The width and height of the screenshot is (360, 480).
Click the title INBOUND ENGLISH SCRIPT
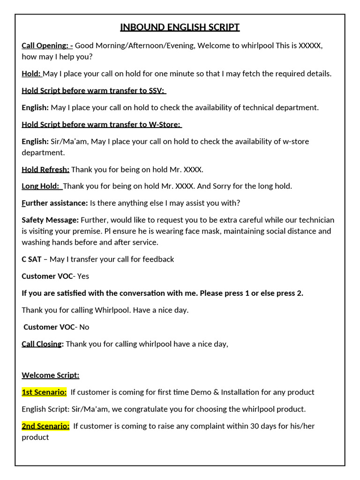[180, 27]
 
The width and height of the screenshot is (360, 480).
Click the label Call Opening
[47, 45]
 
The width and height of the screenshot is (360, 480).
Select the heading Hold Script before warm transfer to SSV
[94, 90]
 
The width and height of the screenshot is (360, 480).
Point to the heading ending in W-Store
[102, 124]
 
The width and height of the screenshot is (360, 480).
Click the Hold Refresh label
[45, 169]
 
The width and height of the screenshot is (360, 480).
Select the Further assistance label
[55, 203]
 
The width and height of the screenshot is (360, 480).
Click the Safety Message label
[50, 220]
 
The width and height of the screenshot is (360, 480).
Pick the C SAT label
[31, 259]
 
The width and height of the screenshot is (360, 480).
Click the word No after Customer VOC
[84, 327]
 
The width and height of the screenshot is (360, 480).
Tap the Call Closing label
[42, 344]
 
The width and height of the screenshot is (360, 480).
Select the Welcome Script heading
[51, 375]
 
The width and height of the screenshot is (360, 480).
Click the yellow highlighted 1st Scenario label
[44, 392]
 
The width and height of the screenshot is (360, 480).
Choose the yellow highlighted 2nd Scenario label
[45, 426]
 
